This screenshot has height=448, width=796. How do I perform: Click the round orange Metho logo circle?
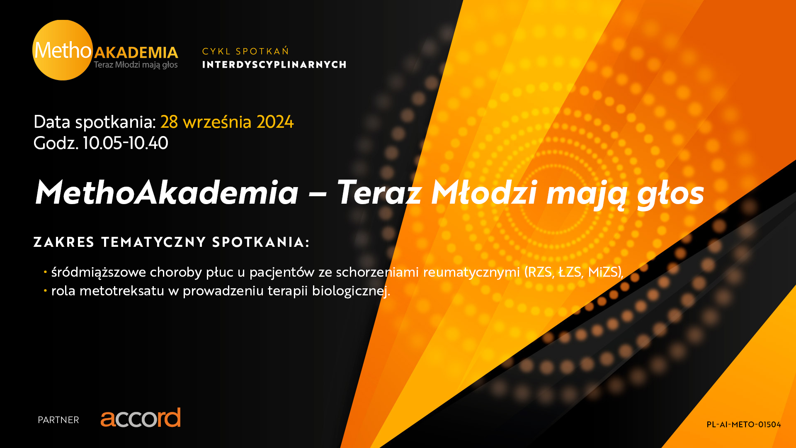[x=63, y=50]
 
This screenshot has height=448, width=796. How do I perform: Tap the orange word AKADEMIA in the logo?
[x=136, y=53]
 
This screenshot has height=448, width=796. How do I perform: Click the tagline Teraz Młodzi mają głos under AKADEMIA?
[x=136, y=65]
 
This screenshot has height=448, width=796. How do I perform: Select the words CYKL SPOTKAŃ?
[x=245, y=51]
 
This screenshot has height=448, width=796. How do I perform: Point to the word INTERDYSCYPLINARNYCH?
[x=274, y=65]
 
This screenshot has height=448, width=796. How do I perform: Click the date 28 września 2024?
[x=227, y=122]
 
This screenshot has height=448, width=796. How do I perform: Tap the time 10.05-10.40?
[x=126, y=143]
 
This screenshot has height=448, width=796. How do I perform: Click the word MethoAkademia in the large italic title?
[x=167, y=193]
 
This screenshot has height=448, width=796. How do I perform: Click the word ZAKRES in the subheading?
[x=64, y=242]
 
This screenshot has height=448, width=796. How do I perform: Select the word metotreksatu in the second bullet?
[x=122, y=291]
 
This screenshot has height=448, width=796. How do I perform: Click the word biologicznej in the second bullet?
[x=351, y=291]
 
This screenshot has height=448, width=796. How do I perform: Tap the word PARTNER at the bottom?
[x=58, y=420]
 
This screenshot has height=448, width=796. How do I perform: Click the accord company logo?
[x=141, y=418]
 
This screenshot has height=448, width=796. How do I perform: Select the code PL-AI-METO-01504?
[x=744, y=424]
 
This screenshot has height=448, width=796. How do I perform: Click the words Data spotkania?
[x=95, y=122]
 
